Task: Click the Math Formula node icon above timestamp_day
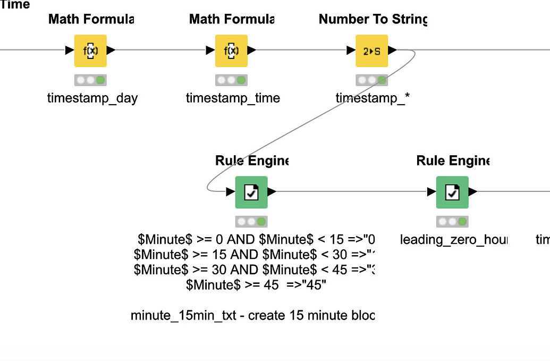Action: pyautogui.click(x=90, y=51)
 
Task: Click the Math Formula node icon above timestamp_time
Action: pyautogui.click(x=231, y=51)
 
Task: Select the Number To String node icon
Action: pyautogui.click(x=371, y=51)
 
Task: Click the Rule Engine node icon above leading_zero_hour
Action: pyautogui.click(x=452, y=192)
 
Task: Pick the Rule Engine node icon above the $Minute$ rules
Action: pyautogui.click(x=251, y=192)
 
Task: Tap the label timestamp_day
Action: pyautogui.click(x=92, y=98)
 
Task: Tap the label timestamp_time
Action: pyautogui.click(x=233, y=98)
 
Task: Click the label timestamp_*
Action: pyautogui.click(x=373, y=98)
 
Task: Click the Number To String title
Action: pyautogui.click(x=373, y=20)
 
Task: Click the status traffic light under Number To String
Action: pyautogui.click(x=372, y=80)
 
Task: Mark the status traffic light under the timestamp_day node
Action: pyautogui.click(x=90, y=80)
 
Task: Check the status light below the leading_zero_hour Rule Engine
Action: pyautogui.click(x=452, y=222)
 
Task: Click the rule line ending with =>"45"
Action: pyautogui.click(x=256, y=284)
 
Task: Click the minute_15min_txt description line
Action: pyautogui.click(x=253, y=316)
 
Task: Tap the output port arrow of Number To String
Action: pyautogui.click(x=392, y=51)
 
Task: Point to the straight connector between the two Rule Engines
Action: pyautogui.click(x=351, y=192)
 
